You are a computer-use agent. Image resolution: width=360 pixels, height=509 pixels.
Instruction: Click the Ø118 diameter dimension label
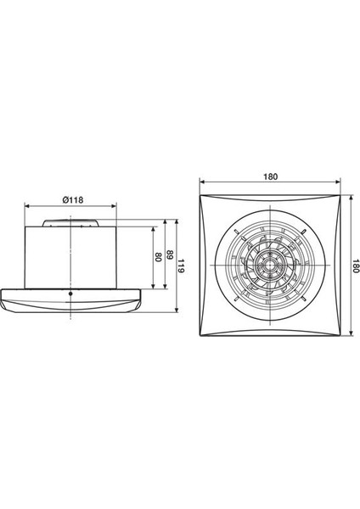pos(71,201)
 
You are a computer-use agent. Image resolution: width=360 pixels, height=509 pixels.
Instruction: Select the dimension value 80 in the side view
pos(157,257)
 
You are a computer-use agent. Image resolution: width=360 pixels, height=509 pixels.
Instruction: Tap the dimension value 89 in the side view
pos(170,257)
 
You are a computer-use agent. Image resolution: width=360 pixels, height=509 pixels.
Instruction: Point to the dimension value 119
pos(181,266)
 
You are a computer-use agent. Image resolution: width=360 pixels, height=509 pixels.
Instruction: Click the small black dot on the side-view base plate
pos(70,294)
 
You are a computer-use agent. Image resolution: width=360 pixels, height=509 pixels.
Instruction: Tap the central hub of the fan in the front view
pos(272,270)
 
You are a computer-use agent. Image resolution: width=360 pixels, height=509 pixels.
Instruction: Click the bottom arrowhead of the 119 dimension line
pos(175,310)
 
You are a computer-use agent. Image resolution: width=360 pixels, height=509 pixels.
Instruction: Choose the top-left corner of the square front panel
pos(200,197)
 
